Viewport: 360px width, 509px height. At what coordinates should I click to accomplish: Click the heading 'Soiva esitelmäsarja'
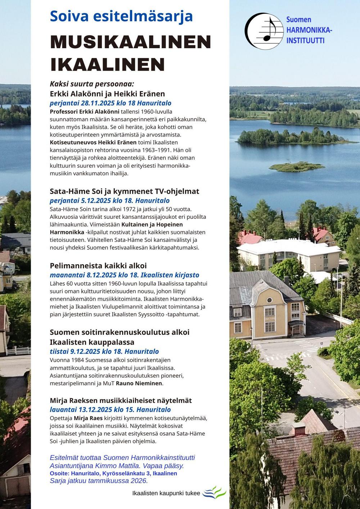121,16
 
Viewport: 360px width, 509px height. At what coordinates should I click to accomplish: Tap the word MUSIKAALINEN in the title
130,42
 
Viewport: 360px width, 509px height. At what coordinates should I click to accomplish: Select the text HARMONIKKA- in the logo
309,30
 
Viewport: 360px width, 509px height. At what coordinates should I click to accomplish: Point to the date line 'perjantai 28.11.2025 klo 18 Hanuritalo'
111,103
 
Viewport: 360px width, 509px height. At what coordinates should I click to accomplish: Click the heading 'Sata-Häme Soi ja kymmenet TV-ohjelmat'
124,191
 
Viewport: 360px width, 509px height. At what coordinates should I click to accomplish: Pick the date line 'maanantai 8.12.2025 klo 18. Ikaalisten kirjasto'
124,275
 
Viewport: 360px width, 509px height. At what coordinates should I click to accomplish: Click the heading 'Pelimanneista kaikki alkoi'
98,266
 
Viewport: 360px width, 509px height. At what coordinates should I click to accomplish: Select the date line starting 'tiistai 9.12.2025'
104,351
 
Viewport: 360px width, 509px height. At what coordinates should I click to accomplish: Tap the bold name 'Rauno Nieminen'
139,383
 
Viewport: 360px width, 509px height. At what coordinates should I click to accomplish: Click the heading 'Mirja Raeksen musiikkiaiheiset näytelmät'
121,400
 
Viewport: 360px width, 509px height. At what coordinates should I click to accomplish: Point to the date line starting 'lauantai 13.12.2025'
110,410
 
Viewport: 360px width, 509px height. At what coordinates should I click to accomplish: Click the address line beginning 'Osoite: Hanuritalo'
113,473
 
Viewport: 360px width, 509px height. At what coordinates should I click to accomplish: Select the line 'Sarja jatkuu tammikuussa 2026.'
99,481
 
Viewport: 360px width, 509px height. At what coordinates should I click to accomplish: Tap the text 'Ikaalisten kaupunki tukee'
166,493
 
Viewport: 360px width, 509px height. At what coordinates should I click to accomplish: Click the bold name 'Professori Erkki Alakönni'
84,112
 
